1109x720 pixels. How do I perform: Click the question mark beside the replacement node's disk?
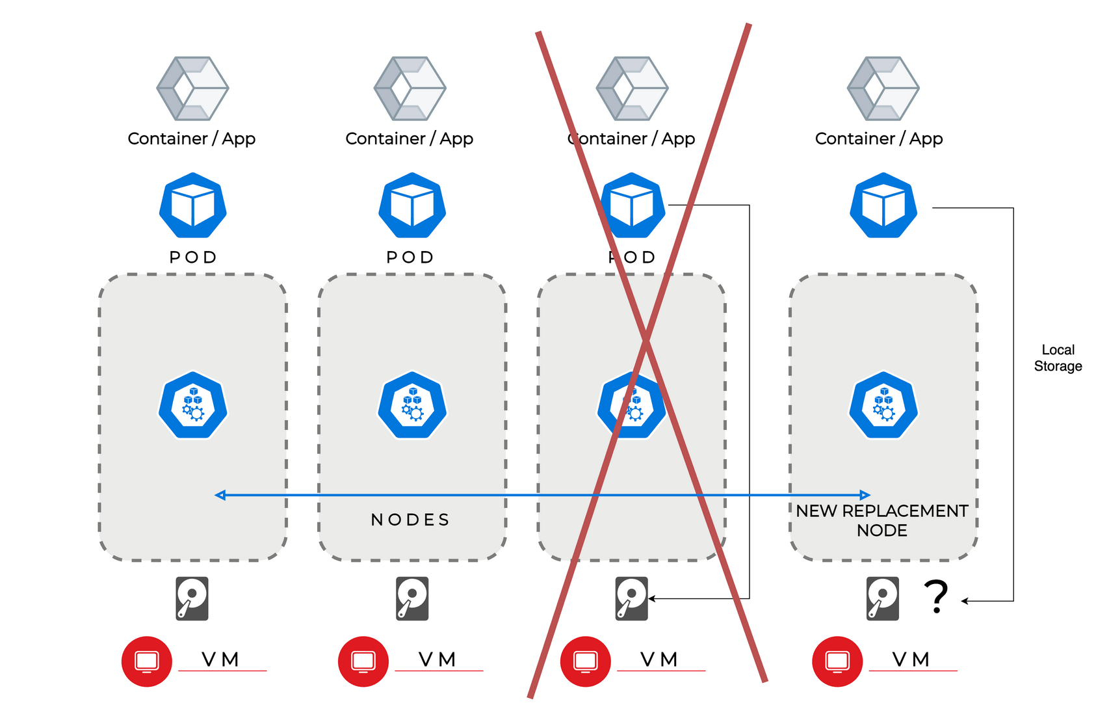click(x=936, y=596)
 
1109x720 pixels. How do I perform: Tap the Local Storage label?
click(x=1058, y=358)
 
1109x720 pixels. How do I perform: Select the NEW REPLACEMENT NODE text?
click(x=882, y=520)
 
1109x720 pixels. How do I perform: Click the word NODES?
click(x=410, y=520)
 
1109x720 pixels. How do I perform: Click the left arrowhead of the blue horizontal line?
click(x=220, y=495)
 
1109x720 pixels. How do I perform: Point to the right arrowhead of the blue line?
click(x=865, y=495)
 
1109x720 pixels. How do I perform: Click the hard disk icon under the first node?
click(x=192, y=598)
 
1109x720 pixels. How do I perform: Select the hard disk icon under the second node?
click(x=413, y=598)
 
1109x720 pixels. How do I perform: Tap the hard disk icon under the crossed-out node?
click(x=632, y=598)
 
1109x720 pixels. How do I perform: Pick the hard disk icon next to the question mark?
click(x=883, y=598)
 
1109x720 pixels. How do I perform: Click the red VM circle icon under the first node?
click(x=147, y=661)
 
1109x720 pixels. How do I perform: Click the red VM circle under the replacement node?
click(x=837, y=661)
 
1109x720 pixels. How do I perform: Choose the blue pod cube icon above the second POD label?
click(x=412, y=206)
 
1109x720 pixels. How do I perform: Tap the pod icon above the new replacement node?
click(x=883, y=206)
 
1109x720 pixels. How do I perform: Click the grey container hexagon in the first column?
click(x=192, y=88)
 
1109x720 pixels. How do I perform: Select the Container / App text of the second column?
click(x=410, y=139)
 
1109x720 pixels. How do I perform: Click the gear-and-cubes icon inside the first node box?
click(x=193, y=405)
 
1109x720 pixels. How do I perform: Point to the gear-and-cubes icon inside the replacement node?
click(x=883, y=405)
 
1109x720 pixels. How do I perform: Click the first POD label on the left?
click(x=193, y=258)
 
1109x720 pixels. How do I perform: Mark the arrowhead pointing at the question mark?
click(x=965, y=601)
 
